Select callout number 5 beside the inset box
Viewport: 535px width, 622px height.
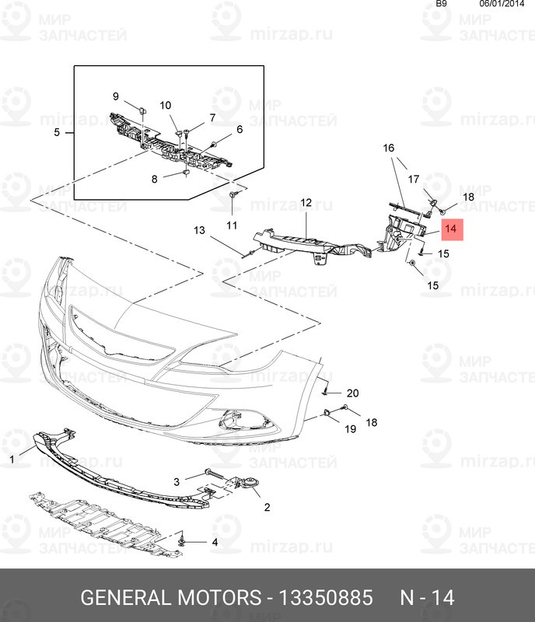click(57, 133)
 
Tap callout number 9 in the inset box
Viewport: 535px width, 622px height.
click(116, 96)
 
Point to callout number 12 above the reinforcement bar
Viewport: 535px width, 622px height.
click(306, 203)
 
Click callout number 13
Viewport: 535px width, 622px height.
click(199, 230)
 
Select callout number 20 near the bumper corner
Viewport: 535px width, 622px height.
click(353, 393)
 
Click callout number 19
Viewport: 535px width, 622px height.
click(351, 428)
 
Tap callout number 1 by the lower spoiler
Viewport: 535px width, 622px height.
click(12, 460)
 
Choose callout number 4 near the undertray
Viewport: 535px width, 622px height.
click(215, 542)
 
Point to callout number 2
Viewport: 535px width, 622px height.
click(267, 508)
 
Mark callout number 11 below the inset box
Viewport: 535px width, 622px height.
click(231, 225)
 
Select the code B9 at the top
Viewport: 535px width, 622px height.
click(441, 4)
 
